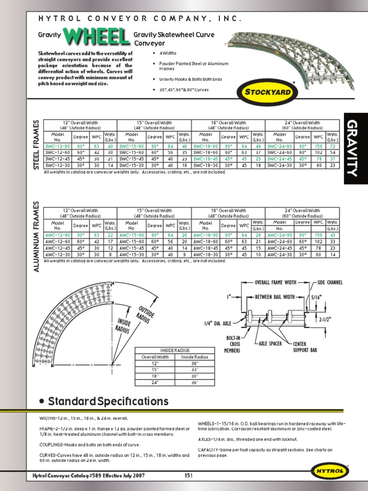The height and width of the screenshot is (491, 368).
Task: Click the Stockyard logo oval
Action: pos(267,90)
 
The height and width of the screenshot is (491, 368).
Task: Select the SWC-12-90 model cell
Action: pos(58,146)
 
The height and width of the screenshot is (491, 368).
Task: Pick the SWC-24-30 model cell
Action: pos(279,165)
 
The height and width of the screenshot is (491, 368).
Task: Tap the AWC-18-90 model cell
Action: pos(206,235)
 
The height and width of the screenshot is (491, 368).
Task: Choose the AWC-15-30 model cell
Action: pos(132,255)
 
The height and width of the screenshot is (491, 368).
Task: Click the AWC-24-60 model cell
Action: pos(279,242)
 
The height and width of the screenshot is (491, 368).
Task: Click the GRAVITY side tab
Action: pos(355,149)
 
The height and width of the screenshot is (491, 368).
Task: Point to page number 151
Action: pos(188,476)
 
